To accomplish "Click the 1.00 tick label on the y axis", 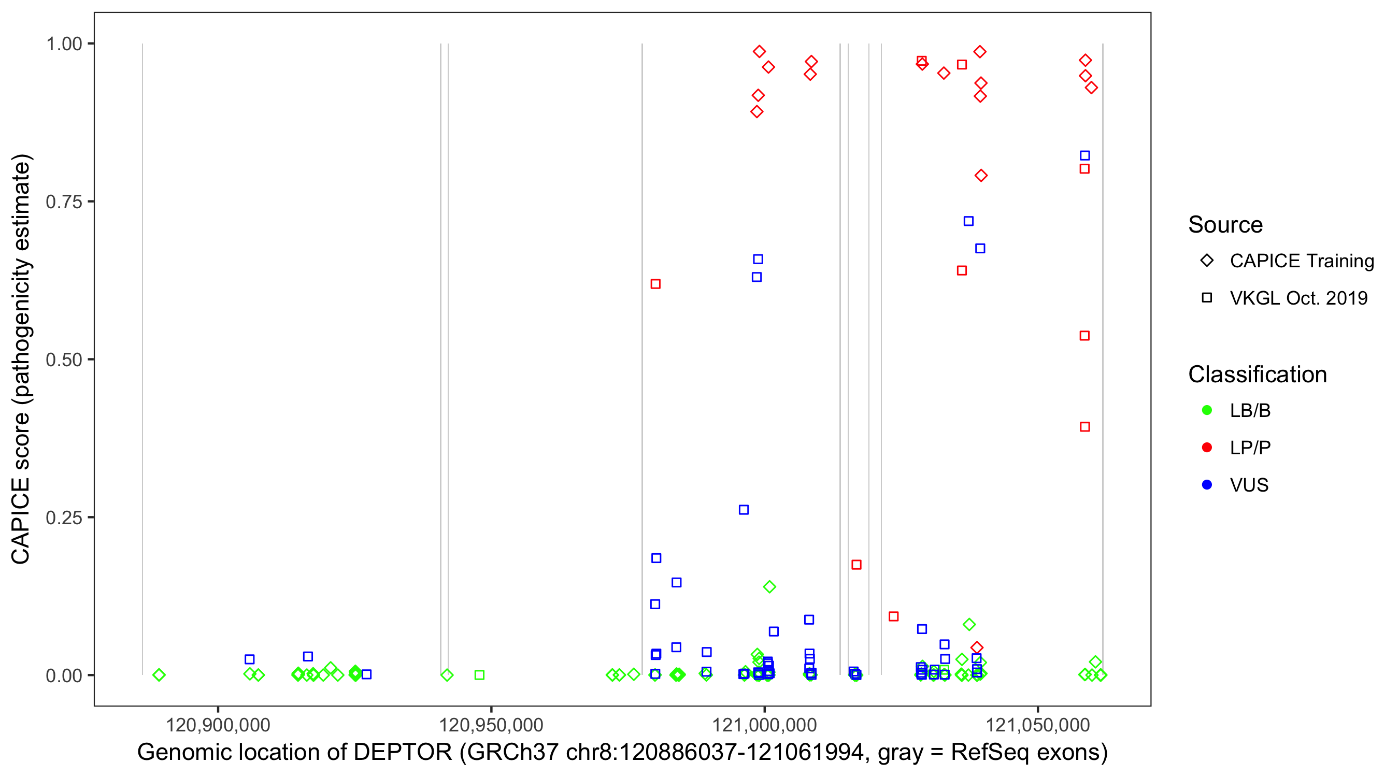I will [x=64, y=44].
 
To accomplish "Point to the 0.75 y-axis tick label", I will [x=64, y=202].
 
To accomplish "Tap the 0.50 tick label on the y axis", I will [x=64, y=360].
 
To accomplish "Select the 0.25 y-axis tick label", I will [x=64, y=517].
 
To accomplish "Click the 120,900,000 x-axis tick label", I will [x=218, y=725].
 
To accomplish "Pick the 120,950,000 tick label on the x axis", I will [x=491, y=725].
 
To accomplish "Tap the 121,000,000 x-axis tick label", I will [x=765, y=725].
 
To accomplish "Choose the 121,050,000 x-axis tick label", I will [x=1038, y=725].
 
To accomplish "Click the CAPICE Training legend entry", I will [x=1302, y=261].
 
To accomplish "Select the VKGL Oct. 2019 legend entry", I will [x=1298, y=298].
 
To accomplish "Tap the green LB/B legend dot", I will [x=1207, y=410].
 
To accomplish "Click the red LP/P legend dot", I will [x=1207, y=448].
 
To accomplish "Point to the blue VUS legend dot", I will [x=1207, y=485].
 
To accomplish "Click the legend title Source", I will [x=1225, y=225].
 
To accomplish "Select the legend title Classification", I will [x=1257, y=375].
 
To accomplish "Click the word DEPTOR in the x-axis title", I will [x=403, y=753].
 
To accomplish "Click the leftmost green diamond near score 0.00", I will [x=159, y=675].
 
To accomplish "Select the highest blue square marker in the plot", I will [x=1084, y=156].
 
